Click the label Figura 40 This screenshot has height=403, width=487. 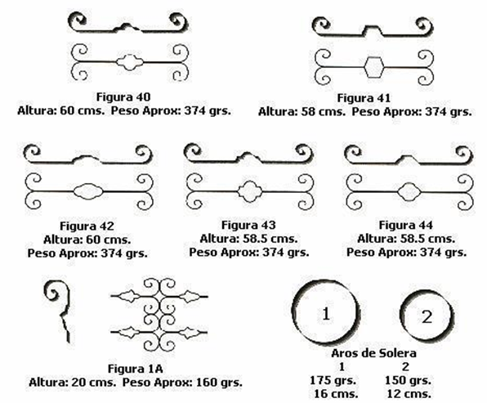pyautogui.click(x=123, y=97)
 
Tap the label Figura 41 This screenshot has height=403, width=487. pyautogui.click(x=364, y=98)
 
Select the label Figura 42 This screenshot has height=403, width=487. pyautogui.click(x=87, y=226)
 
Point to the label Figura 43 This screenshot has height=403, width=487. pyautogui.click(x=248, y=226)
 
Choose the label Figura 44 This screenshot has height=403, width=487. pyautogui.click(x=405, y=226)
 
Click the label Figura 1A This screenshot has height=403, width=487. pyautogui.click(x=136, y=369)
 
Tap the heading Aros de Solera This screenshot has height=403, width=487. pyautogui.click(x=374, y=353)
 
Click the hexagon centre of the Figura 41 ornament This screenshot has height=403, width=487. pyautogui.click(x=373, y=67)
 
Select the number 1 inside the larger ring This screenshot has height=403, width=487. pyautogui.click(x=326, y=314)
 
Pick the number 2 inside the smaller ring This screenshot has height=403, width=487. pyautogui.click(x=427, y=317)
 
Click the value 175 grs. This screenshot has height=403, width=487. pyautogui.click(x=333, y=380)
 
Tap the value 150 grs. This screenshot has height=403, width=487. pyautogui.click(x=408, y=380)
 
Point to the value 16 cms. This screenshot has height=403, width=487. pyautogui.click(x=336, y=394)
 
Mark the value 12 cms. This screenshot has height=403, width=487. pyautogui.click(x=409, y=394)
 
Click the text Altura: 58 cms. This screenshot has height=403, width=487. pyautogui.click(x=302, y=112)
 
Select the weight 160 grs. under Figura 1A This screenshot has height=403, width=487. pyautogui.click(x=219, y=383)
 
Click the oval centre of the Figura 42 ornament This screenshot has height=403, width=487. pyautogui.click(x=88, y=191)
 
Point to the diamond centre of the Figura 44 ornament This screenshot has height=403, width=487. pyautogui.click(x=409, y=192)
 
